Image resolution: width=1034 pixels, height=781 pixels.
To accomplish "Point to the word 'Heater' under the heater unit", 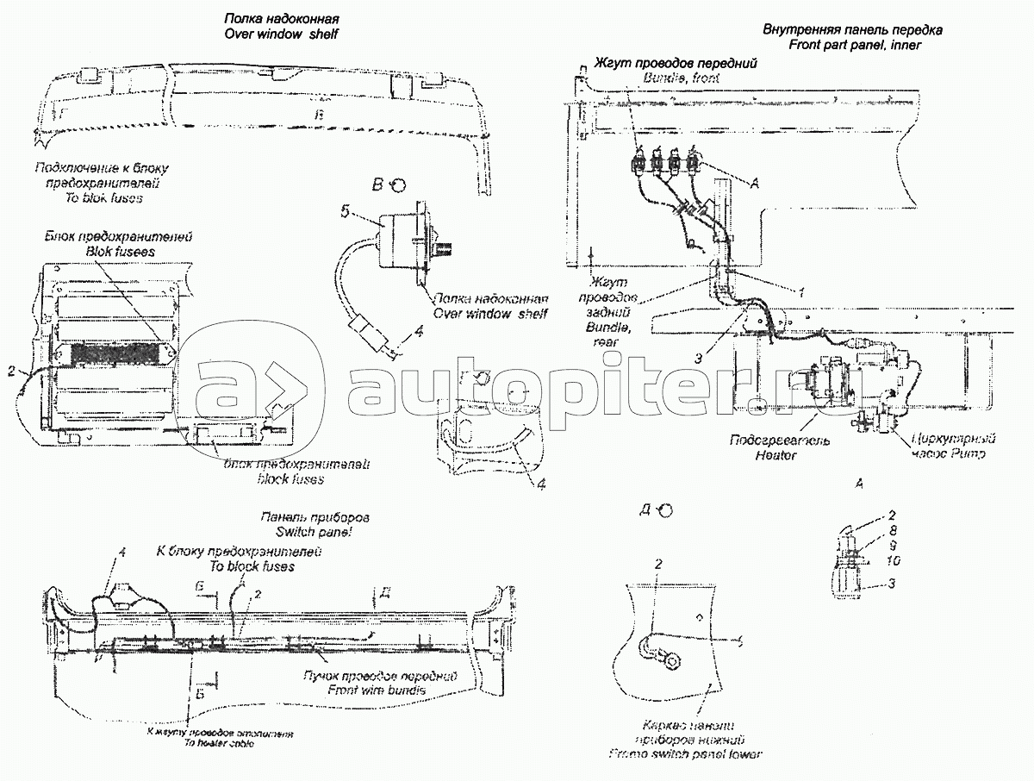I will point(780,454).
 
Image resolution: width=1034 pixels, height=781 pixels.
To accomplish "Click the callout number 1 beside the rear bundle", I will point(800,292).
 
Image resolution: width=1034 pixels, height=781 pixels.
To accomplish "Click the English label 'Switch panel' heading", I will point(313,533).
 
